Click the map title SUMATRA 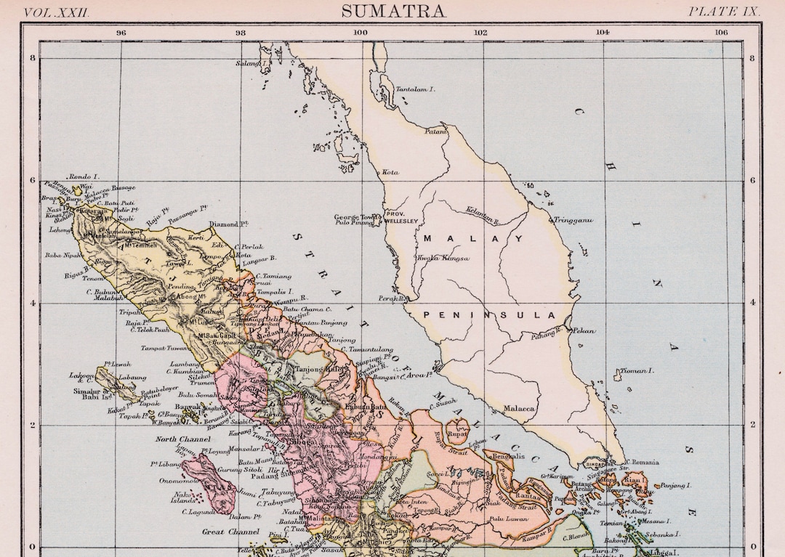click(393, 11)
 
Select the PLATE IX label click(724, 12)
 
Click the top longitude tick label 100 click(360, 33)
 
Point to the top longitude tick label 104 click(603, 33)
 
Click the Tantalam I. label click(415, 89)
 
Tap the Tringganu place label click(573, 219)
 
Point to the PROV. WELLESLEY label click(401, 218)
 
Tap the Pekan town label click(584, 331)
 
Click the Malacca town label click(519, 409)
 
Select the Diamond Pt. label click(224, 224)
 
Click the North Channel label click(182, 439)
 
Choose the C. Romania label click(641, 463)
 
